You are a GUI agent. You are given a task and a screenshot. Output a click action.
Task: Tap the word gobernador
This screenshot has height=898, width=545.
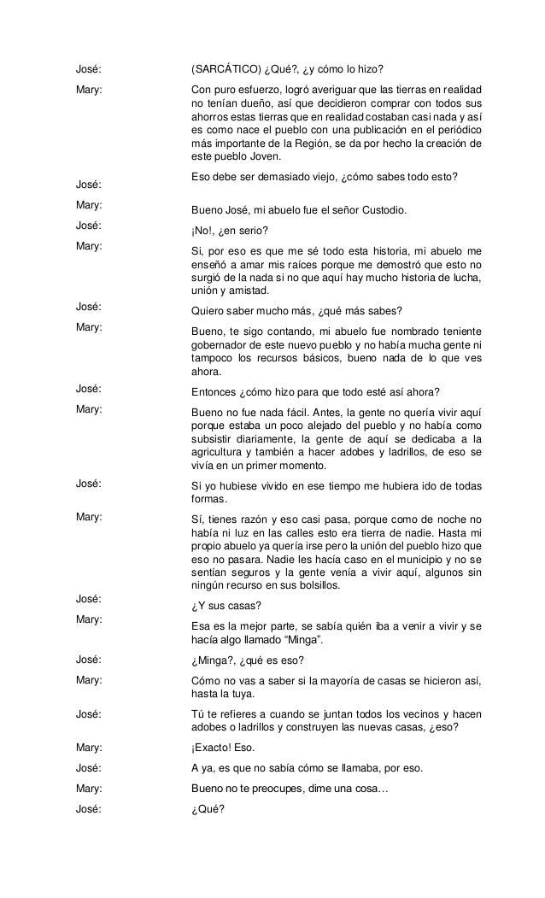(x=220, y=344)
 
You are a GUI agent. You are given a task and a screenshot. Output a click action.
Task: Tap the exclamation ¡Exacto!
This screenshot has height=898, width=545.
(x=213, y=748)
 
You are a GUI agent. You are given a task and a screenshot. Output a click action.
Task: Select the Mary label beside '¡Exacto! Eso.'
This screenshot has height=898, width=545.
(x=89, y=748)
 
